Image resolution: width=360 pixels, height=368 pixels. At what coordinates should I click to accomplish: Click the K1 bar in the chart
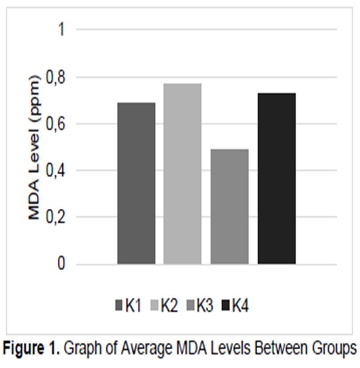136,183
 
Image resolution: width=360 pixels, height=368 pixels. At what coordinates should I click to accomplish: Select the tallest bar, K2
183,174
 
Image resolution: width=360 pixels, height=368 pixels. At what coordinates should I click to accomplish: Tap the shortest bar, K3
229,206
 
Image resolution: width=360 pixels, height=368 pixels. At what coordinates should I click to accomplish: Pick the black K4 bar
276,178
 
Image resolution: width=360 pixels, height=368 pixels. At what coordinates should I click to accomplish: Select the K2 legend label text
169,306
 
